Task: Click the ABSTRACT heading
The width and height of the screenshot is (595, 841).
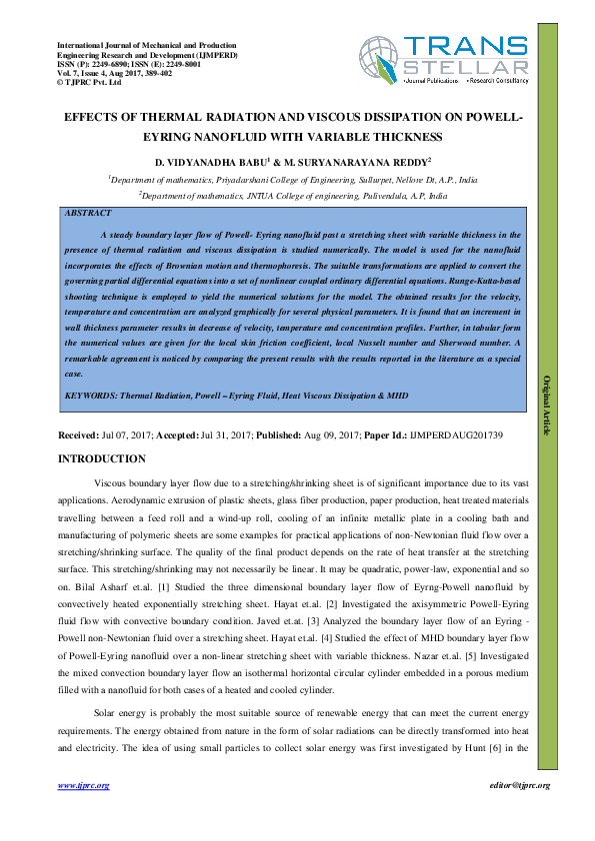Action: click(88, 213)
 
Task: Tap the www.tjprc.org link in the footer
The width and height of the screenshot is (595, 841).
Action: click(84, 786)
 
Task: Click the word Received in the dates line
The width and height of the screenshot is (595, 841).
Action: click(78, 436)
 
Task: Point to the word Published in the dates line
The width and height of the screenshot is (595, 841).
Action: click(282, 436)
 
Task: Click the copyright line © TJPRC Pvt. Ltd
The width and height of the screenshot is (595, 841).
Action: click(89, 83)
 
